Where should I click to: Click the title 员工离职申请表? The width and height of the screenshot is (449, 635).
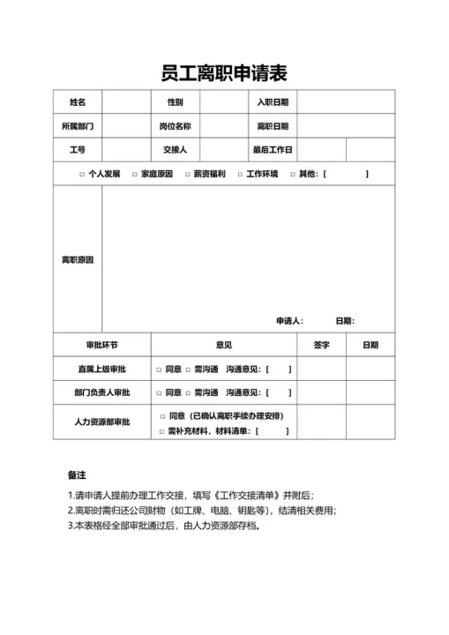pyautogui.click(x=224, y=72)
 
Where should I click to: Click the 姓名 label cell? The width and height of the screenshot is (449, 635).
pyautogui.click(x=78, y=102)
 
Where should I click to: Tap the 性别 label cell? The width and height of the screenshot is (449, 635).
pyautogui.click(x=176, y=102)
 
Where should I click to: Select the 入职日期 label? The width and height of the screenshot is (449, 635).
pyautogui.click(x=273, y=102)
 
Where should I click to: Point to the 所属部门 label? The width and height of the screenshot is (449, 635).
pyautogui.click(x=78, y=126)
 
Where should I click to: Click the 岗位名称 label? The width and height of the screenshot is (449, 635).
pyautogui.click(x=176, y=126)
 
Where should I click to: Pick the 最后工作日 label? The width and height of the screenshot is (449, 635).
pyautogui.click(x=273, y=150)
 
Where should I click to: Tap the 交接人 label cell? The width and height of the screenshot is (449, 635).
pyautogui.click(x=176, y=150)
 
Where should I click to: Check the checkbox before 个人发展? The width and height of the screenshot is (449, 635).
pyautogui.click(x=82, y=175)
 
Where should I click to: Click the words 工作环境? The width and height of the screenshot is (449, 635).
pyautogui.click(x=262, y=174)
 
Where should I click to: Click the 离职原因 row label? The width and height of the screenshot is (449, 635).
pyautogui.click(x=78, y=260)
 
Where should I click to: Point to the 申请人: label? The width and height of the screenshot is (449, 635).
pyautogui.click(x=290, y=320)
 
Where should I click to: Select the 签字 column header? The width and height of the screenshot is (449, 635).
pyautogui.click(x=321, y=345)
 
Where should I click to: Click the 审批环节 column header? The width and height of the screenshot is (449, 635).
pyautogui.click(x=101, y=345)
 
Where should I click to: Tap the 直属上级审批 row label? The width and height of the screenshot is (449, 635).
pyautogui.click(x=101, y=369)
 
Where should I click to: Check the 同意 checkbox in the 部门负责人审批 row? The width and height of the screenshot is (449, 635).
pyautogui.click(x=160, y=392)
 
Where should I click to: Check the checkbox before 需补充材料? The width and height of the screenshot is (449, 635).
pyautogui.click(x=161, y=431)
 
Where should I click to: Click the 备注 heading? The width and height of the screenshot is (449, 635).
pyautogui.click(x=77, y=474)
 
